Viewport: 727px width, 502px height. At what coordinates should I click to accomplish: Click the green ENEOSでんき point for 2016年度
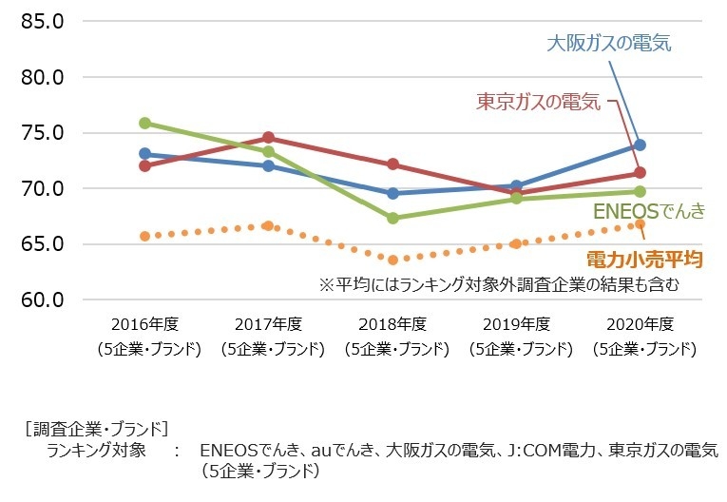[144, 123]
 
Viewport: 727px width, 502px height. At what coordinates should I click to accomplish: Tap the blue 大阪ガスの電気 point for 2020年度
[640, 145]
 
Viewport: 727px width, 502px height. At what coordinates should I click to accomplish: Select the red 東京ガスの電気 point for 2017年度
[268, 138]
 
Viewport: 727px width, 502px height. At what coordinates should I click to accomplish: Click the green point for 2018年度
[392, 218]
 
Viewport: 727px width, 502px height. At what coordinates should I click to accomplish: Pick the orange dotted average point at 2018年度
[392, 259]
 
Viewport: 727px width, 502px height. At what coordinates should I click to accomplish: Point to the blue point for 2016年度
[144, 153]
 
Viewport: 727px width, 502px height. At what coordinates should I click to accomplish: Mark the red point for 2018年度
[392, 164]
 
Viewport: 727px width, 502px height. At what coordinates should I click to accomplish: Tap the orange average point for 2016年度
[144, 236]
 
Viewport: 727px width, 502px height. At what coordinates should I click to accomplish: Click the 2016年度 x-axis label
[144, 324]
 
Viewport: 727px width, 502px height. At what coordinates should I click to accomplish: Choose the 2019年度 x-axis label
[516, 324]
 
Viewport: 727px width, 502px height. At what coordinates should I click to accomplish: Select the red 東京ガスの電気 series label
[538, 101]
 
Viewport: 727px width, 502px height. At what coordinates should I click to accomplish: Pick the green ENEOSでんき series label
[649, 211]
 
